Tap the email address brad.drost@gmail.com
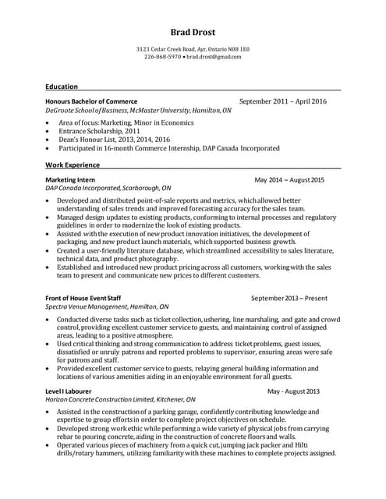point(213,57)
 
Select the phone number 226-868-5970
point(163,57)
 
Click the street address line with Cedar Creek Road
point(193,49)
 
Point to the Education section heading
point(62,87)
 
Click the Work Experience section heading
point(73,165)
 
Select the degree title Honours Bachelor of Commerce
point(91,101)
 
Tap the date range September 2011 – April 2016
point(282,101)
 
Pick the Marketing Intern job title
point(71,179)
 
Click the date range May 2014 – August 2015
point(289,180)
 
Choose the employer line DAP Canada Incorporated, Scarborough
point(108,188)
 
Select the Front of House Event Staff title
point(83,298)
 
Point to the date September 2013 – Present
point(289,298)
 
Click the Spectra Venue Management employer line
point(107,306)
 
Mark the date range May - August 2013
point(293,391)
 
